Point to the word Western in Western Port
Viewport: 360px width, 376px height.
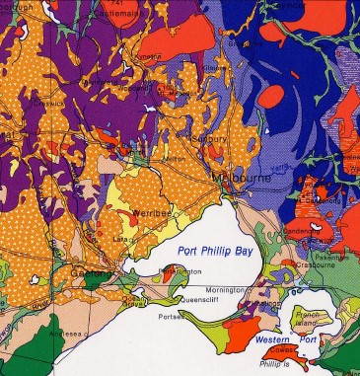[266, 338]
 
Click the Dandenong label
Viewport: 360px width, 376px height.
[301, 232]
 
